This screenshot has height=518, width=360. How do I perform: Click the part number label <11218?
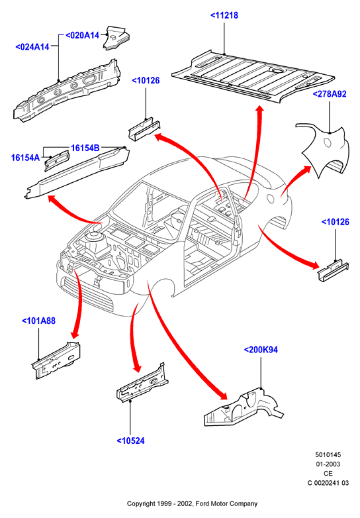point(224,15)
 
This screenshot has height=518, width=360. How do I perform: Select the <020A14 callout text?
point(83,35)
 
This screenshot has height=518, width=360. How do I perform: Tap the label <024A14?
point(32,47)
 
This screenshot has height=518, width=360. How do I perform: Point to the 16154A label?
point(25,158)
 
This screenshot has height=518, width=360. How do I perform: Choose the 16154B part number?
point(85,148)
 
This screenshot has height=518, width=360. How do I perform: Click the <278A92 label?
point(330,94)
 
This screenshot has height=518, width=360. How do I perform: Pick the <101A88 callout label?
point(38,321)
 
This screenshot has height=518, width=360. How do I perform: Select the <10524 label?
point(130,440)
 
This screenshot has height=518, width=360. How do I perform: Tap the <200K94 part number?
point(261,350)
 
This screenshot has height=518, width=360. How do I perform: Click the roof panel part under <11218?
point(253,77)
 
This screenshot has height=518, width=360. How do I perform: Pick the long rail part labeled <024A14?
point(66,90)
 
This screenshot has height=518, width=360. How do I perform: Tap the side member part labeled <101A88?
point(57,360)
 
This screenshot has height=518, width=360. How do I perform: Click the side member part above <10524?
point(142,383)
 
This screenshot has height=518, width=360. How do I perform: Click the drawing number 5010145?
point(328,454)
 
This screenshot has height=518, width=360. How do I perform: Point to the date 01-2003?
point(328,464)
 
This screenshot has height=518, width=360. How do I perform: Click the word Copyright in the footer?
point(141,504)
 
